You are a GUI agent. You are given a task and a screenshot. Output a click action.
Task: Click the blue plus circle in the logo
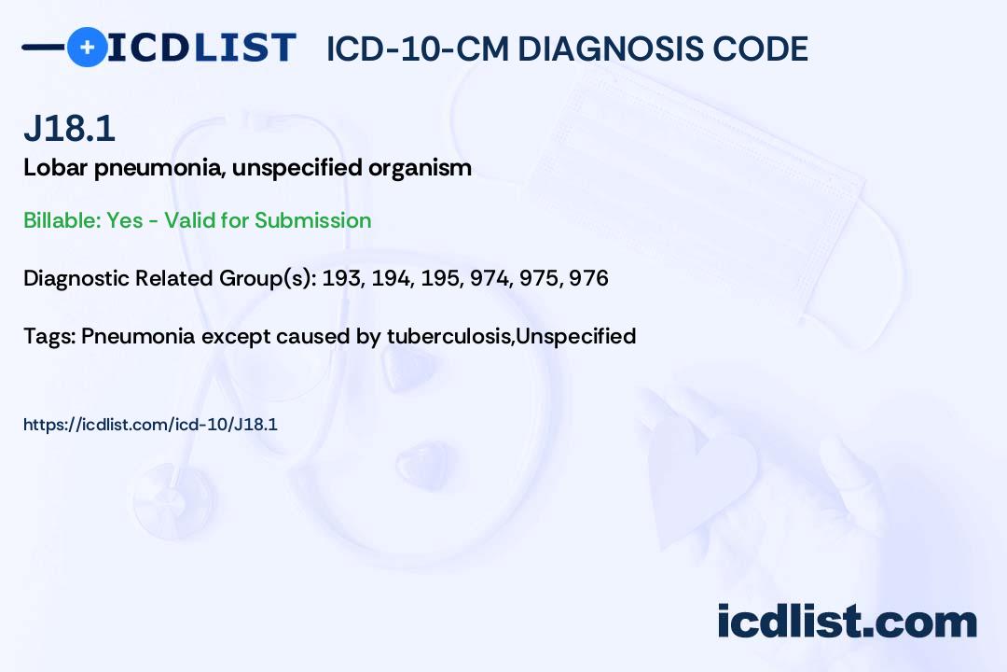click(x=87, y=47)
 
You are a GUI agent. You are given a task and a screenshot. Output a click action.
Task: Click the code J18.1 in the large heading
click(x=69, y=129)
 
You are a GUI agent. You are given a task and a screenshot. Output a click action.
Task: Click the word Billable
click(x=62, y=220)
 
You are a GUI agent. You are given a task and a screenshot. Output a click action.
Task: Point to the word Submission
click(x=312, y=220)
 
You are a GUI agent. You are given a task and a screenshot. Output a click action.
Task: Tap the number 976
click(x=589, y=278)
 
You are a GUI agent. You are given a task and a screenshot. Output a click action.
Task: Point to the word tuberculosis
click(x=448, y=336)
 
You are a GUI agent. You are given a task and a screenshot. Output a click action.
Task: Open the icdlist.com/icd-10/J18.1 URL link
click(x=150, y=425)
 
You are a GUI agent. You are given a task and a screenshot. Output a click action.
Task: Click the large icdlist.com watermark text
click(x=847, y=622)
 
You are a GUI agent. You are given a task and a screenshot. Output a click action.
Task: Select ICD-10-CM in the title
click(x=418, y=49)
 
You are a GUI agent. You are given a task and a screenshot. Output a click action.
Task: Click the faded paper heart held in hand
click(x=700, y=476)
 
